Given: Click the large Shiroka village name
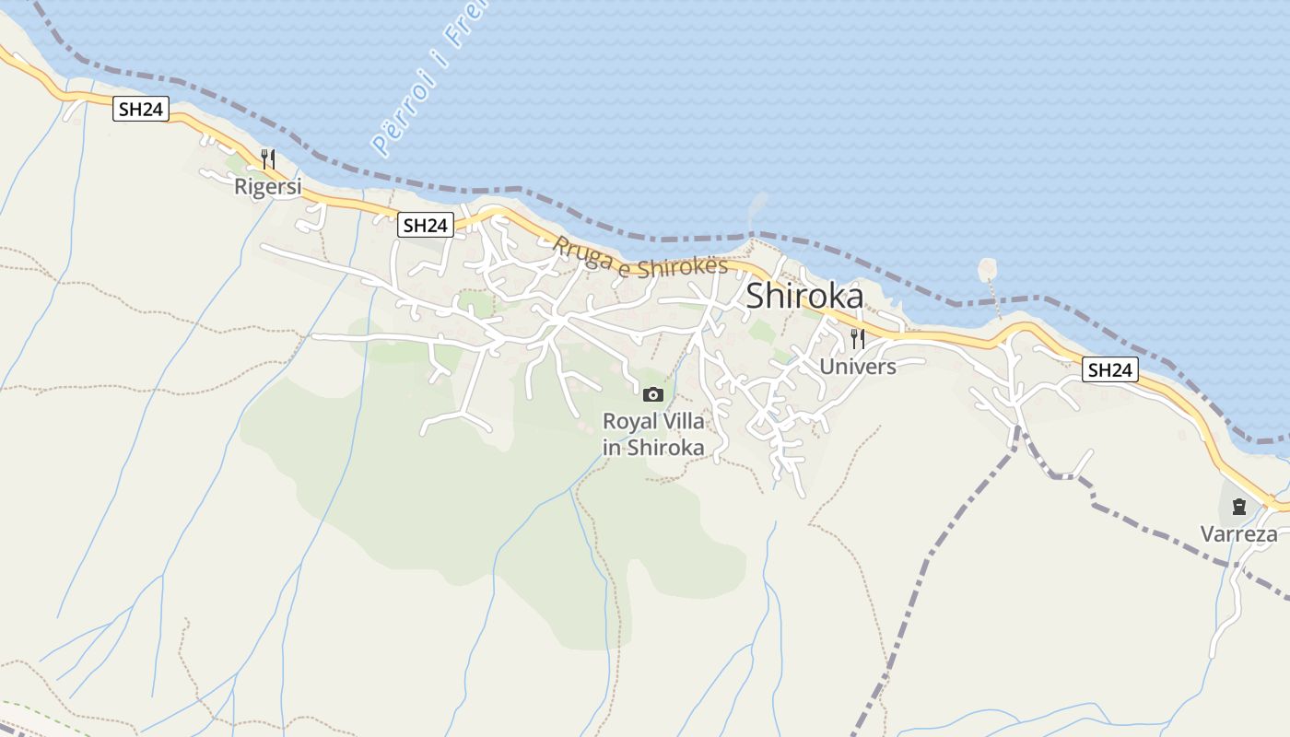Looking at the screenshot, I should [x=804, y=296].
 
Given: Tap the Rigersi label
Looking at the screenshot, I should [x=268, y=187].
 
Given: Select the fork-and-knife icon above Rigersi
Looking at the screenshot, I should [x=268, y=159].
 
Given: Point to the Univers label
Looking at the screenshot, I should [x=857, y=367].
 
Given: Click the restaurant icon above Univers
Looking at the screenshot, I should [x=857, y=338].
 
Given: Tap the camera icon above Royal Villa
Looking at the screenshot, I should [x=653, y=394].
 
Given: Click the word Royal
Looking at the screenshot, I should [x=627, y=422].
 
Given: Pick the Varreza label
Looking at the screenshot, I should [x=1238, y=534].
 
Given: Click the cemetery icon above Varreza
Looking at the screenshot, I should [x=1238, y=506].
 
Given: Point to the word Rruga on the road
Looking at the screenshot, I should [x=580, y=252].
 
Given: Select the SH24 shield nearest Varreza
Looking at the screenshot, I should [x=1109, y=370].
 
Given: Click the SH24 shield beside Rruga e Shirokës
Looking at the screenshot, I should [x=426, y=225].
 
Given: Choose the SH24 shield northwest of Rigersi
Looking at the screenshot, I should [x=141, y=109].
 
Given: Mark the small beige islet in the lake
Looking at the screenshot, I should [x=987, y=269].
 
